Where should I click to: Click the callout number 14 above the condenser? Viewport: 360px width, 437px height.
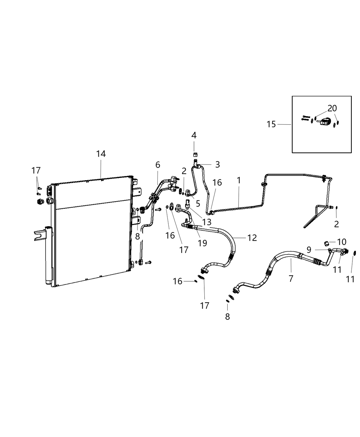(101, 154)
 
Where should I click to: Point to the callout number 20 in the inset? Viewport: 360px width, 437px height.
(332, 109)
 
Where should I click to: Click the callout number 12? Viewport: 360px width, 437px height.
(252, 238)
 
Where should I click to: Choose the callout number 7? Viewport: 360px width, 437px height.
(291, 278)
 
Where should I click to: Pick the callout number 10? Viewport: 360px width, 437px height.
(342, 242)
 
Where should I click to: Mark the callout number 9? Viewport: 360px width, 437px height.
(309, 250)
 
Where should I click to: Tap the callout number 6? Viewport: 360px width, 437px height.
(158, 165)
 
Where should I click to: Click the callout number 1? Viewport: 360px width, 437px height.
(239, 180)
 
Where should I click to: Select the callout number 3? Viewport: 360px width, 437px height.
(217, 164)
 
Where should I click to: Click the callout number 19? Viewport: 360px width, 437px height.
(202, 243)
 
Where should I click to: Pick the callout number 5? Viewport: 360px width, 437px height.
(198, 204)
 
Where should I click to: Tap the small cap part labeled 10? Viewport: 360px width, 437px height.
(327, 244)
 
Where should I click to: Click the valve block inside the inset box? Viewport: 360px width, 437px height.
(326, 121)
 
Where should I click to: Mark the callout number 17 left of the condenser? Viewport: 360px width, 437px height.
(36, 170)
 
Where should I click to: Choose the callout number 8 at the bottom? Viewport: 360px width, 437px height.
(227, 317)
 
